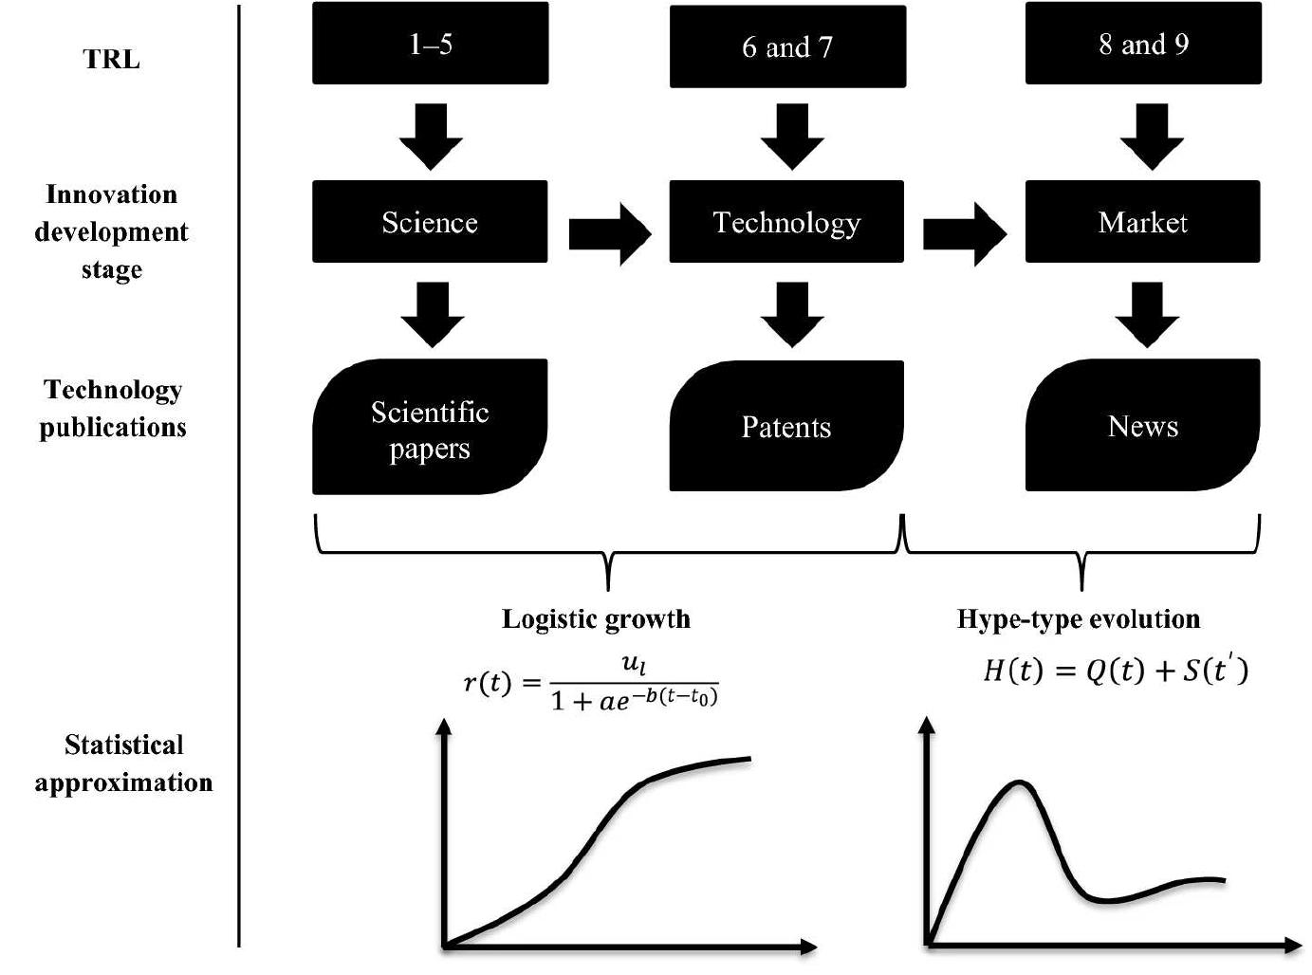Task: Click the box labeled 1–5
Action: tap(430, 44)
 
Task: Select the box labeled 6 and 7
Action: tap(787, 46)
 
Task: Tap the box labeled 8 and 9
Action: tap(1143, 44)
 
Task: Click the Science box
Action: tap(430, 222)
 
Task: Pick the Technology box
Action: tap(786, 222)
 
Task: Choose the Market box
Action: tap(1142, 222)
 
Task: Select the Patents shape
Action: tap(786, 426)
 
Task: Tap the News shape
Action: tap(1142, 426)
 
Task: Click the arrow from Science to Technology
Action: tap(610, 232)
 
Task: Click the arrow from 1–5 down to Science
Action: tap(431, 136)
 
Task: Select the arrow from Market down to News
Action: tap(1147, 314)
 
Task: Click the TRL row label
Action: tap(112, 59)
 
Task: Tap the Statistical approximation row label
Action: tap(123, 763)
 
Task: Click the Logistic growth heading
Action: tap(596, 619)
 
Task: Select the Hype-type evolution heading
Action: tap(1079, 619)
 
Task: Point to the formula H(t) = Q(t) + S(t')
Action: tap(1116, 671)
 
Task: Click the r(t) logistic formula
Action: tap(591, 683)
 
